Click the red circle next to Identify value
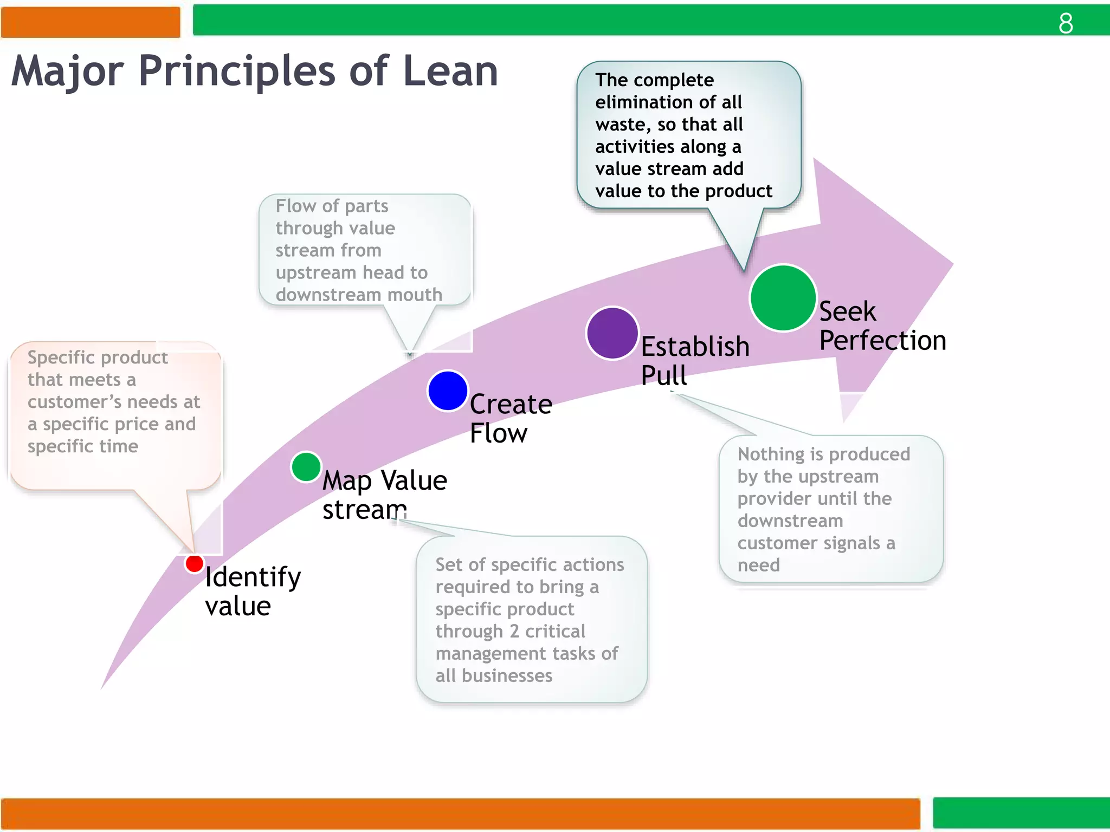coord(194,563)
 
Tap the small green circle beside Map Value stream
coord(306,467)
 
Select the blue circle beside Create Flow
coord(448,391)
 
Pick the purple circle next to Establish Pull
coord(612,333)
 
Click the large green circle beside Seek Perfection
coord(783,297)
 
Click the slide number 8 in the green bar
coord(1066,23)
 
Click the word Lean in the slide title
coord(450,71)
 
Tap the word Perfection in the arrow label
coord(882,341)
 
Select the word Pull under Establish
coord(663,375)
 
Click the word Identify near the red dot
coord(253,577)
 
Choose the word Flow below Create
coord(498,433)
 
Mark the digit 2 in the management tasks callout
coord(514,631)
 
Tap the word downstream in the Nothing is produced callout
coord(790,521)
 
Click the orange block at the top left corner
coord(91,22)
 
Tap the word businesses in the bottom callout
coord(507,675)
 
